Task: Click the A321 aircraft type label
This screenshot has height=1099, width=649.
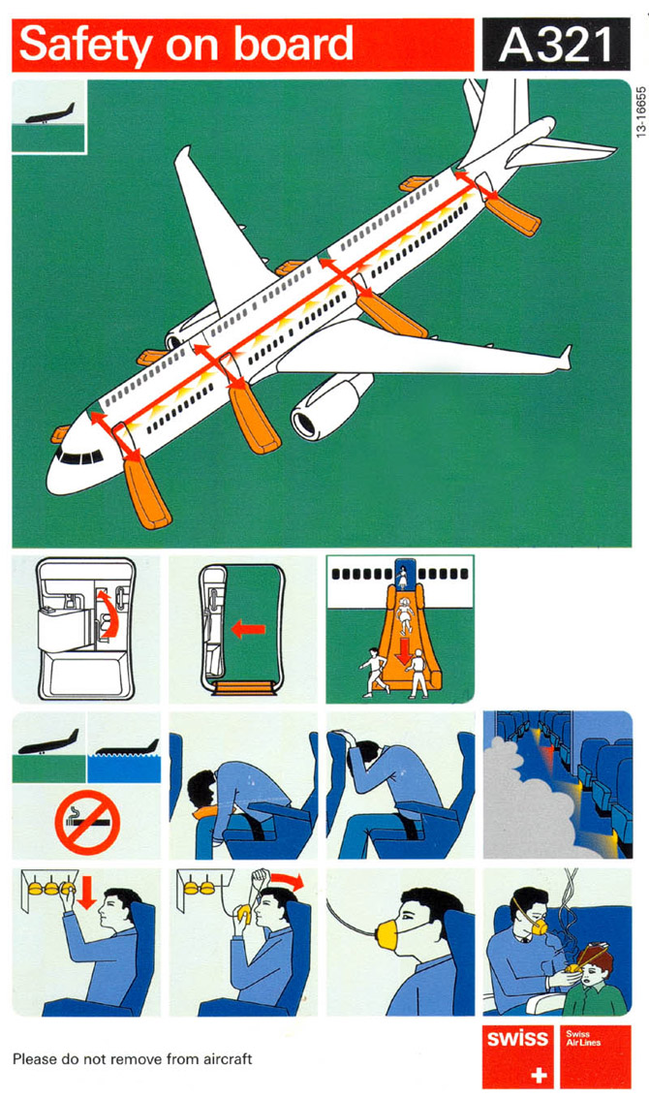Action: click(x=556, y=45)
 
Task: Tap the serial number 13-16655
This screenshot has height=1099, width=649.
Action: click(x=640, y=112)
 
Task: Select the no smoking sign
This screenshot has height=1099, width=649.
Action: click(x=87, y=822)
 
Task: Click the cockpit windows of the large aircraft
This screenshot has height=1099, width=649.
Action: click(x=79, y=457)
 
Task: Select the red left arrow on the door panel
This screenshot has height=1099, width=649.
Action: click(x=248, y=629)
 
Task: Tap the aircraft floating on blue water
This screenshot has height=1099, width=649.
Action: click(x=127, y=748)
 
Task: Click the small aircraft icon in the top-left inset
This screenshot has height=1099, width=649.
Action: click(x=50, y=114)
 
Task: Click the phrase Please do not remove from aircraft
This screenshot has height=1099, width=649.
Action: click(x=133, y=1058)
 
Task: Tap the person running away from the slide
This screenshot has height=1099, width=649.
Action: click(x=375, y=671)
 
